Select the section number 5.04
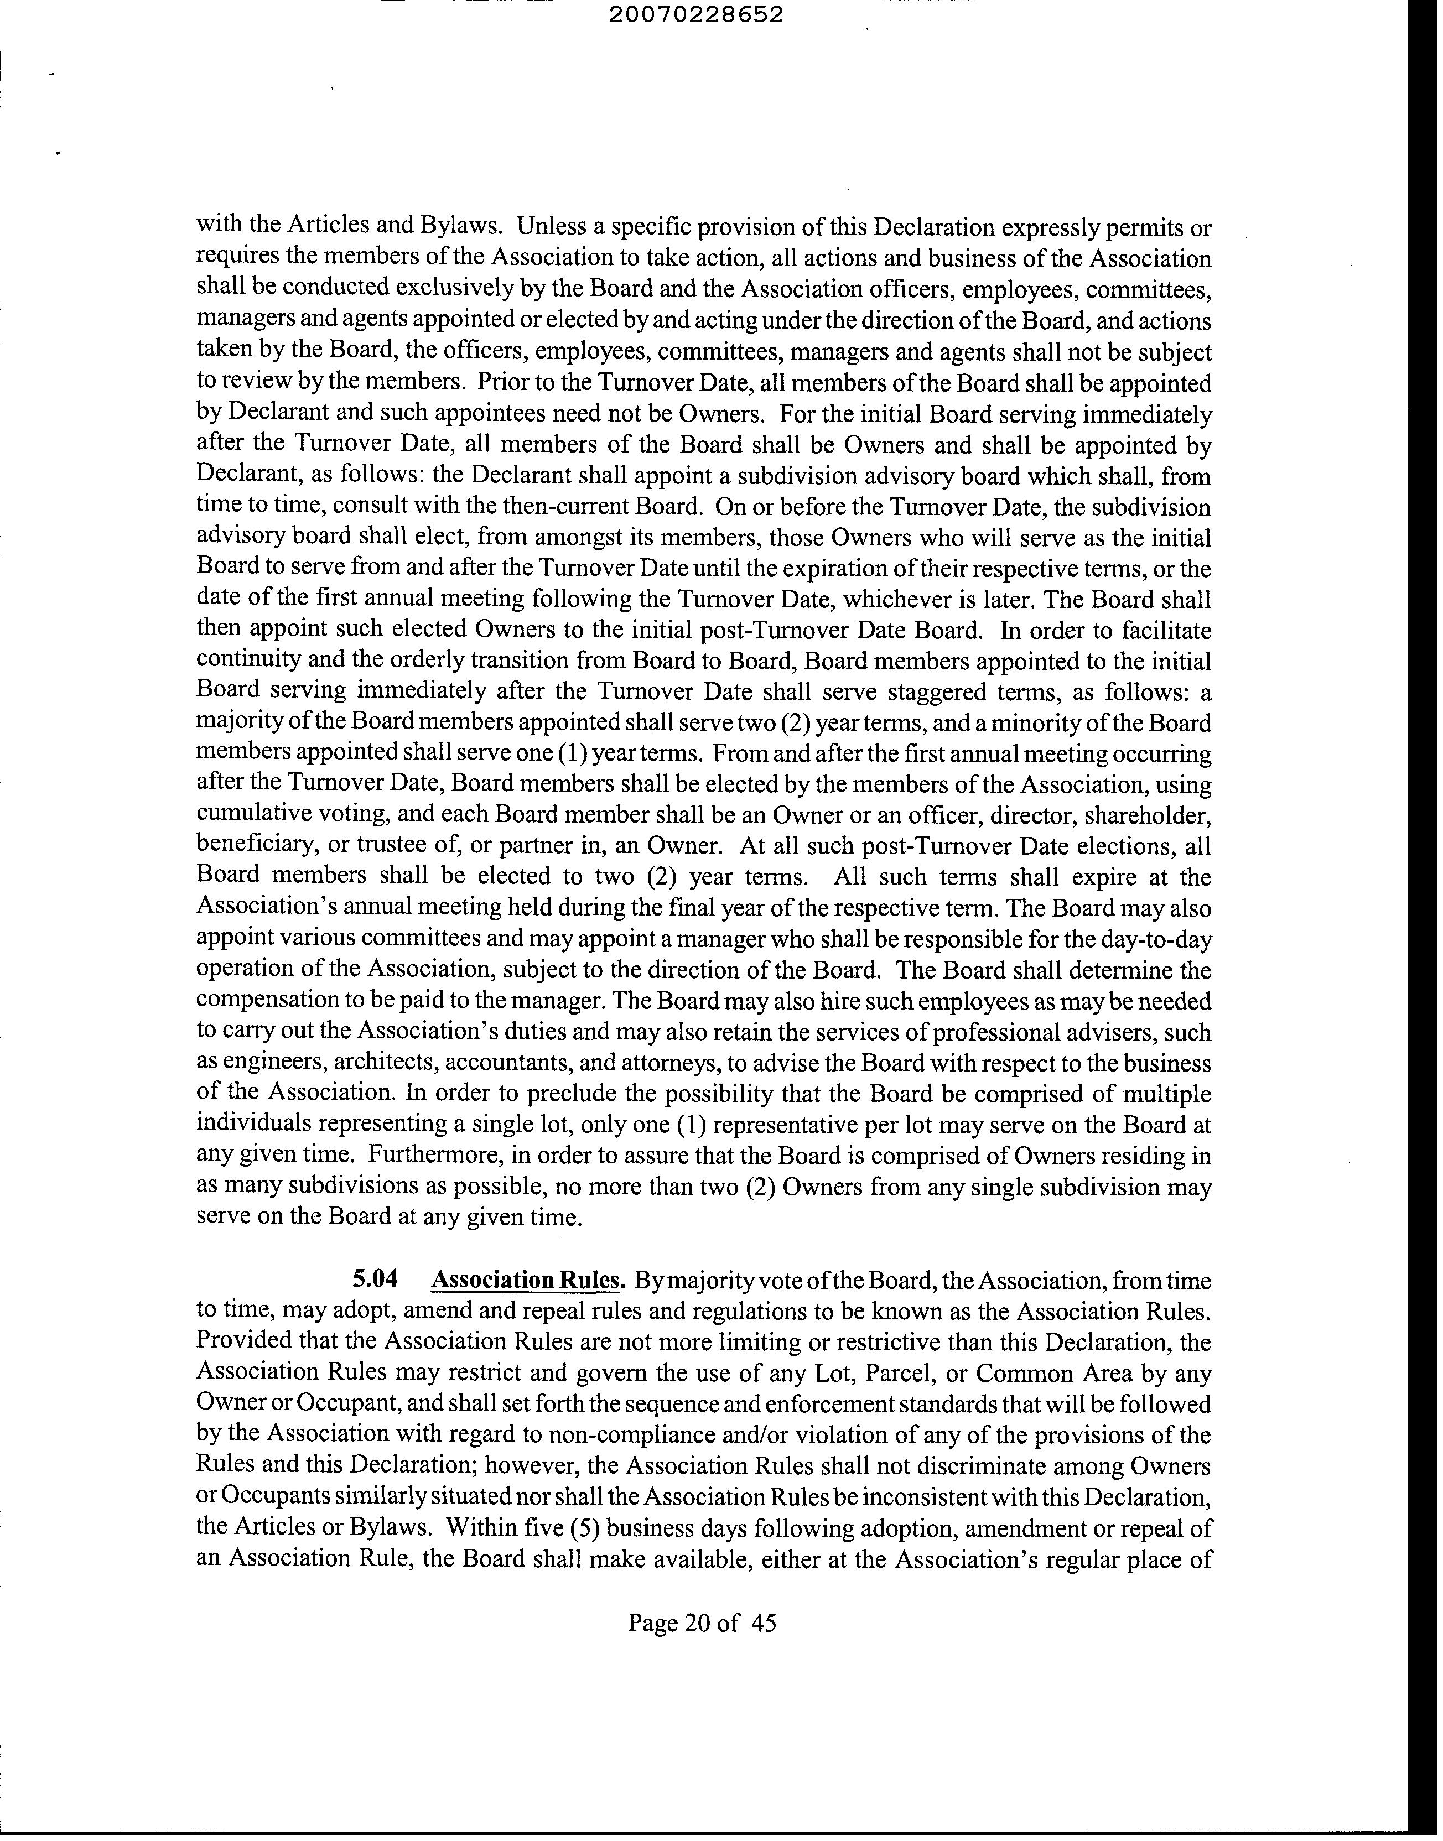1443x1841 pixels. pyautogui.click(x=374, y=1280)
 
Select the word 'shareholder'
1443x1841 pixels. pyautogui.click(x=1149, y=816)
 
